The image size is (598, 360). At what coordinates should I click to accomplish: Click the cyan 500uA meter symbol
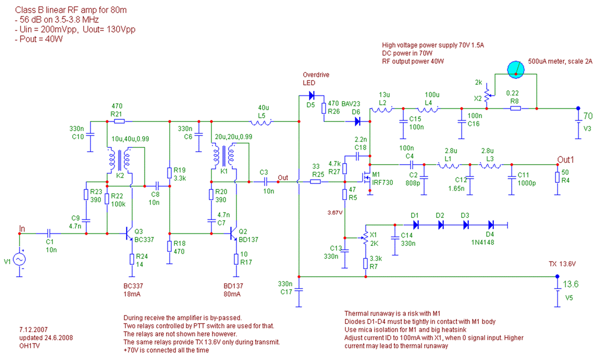(516, 70)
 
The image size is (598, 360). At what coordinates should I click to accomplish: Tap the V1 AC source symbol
(19, 259)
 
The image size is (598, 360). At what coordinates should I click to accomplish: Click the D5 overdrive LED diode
(311, 95)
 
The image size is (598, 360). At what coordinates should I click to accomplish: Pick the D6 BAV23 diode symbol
(357, 121)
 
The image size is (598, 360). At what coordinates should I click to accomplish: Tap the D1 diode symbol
(416, 225)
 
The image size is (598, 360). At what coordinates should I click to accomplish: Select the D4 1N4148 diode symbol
(491, 225)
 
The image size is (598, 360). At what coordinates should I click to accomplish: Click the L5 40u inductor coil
(261, 122)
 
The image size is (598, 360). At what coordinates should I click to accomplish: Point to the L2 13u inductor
(382, 110)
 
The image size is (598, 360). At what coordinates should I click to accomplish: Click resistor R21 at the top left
(119, 121)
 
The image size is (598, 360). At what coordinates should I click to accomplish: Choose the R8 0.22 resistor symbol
(515, 108)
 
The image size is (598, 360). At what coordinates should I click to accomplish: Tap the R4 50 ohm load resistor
(557, 178)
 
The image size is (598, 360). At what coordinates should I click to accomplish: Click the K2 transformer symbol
(120, 160)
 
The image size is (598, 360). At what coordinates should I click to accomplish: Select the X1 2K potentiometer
(365, 238)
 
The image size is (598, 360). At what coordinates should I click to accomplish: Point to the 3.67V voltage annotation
(335, 213)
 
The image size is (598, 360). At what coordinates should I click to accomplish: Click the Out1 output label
(566, 159)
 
